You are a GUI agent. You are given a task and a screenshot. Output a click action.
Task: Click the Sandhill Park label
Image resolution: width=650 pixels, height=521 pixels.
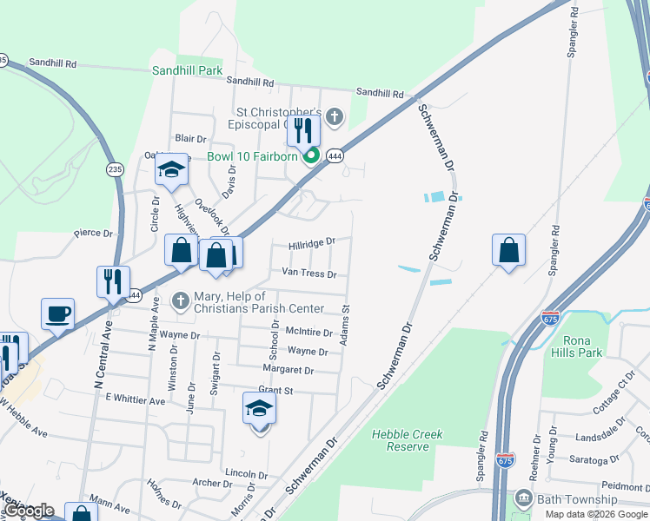tap(188, 70)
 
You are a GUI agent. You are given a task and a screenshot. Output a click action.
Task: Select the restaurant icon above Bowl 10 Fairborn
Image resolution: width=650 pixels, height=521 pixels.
tap(304, 130)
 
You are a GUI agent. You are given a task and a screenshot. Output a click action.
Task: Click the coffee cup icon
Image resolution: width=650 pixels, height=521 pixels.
tap(58, 313)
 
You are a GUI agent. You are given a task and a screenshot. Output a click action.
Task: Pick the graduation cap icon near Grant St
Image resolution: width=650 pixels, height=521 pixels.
tap(259, 407)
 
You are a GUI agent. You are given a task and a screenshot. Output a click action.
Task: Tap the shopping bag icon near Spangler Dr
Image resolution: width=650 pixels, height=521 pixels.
tap(508, 250)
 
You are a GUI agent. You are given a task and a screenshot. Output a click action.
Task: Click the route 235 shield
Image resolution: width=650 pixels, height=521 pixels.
tap(115, 168)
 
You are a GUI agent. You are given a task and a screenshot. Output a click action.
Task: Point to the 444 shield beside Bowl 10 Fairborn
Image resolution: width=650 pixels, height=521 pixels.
tap(335, 155)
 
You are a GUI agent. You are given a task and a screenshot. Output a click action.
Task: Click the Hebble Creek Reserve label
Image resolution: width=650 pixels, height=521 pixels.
tap(407, 440)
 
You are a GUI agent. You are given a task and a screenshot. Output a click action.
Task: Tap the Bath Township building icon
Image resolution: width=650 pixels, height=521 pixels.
tap(524, 498)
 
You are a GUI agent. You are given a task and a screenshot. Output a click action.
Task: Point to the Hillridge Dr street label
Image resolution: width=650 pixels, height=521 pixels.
tap(312, 243)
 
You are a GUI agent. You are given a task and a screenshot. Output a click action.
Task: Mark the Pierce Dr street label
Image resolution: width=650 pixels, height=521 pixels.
tap(94, 233)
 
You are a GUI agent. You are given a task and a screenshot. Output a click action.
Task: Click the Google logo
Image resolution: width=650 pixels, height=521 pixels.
tap(29, 511)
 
